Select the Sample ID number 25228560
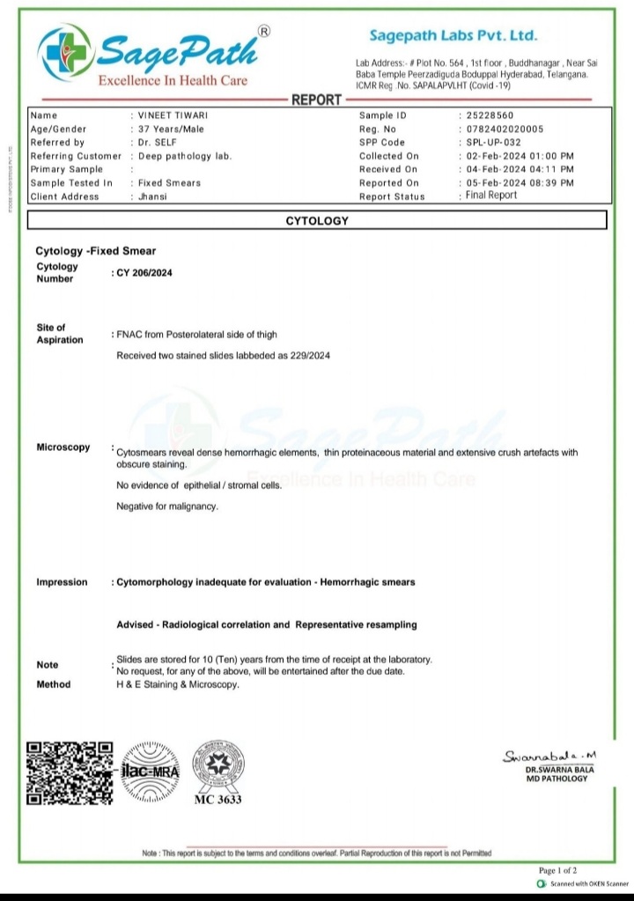click(x=490, y=115)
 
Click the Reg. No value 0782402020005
click(x=506, y=129)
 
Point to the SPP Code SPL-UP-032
click(x=493, y=143)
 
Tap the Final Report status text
click(x=491, y=196)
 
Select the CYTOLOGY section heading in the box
click(x=317, y=221)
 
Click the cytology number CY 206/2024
click(x=144, y=273)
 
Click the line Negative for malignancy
click(x=167, y=506)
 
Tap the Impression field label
click(x=62, y=582)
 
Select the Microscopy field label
click(x=63, y=447)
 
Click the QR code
click(x=70, y=772)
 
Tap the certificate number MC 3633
click(x=218, y=800)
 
